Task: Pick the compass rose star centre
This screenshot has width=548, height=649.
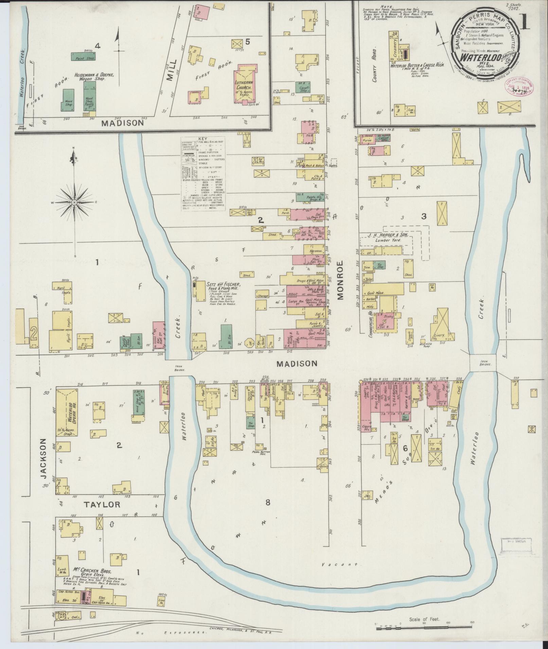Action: click(74, 202)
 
